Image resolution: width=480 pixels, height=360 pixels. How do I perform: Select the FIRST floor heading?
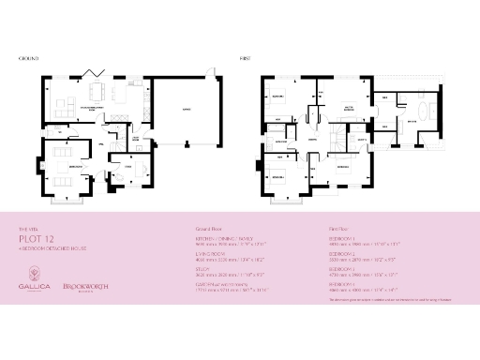click(245, 58)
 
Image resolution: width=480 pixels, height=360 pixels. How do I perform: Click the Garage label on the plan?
click(187, 109)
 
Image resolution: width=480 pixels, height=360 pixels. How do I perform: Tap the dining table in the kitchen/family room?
click(97, 93)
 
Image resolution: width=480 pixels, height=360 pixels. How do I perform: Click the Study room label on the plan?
click(127, 165)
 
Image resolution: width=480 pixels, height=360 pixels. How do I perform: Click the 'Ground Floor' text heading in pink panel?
click(208, 227)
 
